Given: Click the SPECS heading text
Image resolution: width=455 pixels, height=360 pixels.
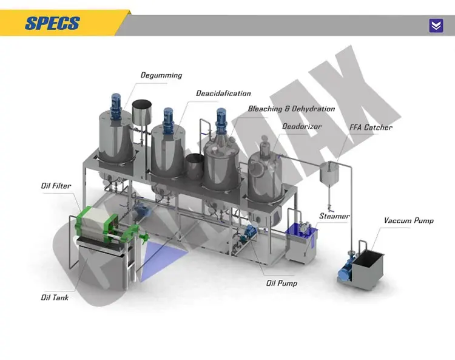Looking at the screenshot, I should [53, 23].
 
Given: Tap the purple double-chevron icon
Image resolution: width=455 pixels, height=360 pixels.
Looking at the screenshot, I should [436, 25].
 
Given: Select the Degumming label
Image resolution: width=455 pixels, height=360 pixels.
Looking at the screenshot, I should [161, 75].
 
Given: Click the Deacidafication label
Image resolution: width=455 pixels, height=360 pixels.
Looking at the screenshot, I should [223, 93].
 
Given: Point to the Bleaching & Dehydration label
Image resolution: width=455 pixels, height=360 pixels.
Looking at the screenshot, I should [291, 109].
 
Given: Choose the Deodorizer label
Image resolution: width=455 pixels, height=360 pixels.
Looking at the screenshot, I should [302, 126].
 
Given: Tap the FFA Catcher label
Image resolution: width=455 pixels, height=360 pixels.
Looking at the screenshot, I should [371, 127].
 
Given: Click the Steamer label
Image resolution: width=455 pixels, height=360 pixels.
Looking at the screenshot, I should [334, 216].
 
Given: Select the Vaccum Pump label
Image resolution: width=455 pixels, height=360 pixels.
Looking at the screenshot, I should [408, 220].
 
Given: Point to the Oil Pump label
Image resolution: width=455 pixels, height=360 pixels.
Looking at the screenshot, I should [282, 283].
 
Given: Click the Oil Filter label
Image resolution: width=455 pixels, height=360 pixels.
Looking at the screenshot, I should [56, 186].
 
